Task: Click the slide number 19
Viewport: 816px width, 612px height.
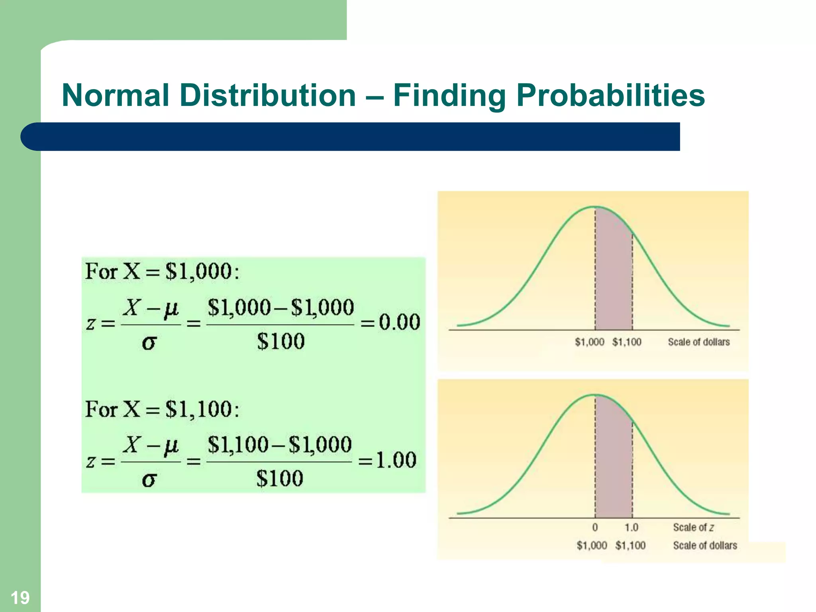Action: click(x=20, y=598)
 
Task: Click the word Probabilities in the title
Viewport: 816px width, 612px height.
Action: click(x=610, y=96)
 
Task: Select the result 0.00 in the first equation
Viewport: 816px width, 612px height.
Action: click(x=399, y=322)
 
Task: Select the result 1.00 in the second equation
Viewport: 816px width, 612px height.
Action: click(x=396, y=460)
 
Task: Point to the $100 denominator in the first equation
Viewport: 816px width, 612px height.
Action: click(x=280, y=341)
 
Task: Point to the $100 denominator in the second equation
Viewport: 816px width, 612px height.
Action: click(x=280, y=479)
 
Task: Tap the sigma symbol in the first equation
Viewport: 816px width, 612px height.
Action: click(x=149, y=343)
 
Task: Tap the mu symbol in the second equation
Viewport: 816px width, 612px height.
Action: click(x=171, y=445)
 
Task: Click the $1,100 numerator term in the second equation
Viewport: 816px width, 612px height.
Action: click(x=237, y=445)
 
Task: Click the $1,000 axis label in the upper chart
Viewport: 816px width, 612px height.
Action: click(x=589, y=342)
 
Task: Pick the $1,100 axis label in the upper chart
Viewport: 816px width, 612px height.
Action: click(x=627, y=342)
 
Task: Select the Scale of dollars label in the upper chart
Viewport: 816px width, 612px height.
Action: click(x=698, y=342)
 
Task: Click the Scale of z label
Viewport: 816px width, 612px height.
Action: click(x=693, y=527)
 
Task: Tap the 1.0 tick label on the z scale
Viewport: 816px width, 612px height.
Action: click(x=631, y=527)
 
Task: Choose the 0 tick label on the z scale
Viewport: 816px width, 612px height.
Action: click(x=595, y=527)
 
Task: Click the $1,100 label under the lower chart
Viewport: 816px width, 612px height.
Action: click(x=630, y=545)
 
